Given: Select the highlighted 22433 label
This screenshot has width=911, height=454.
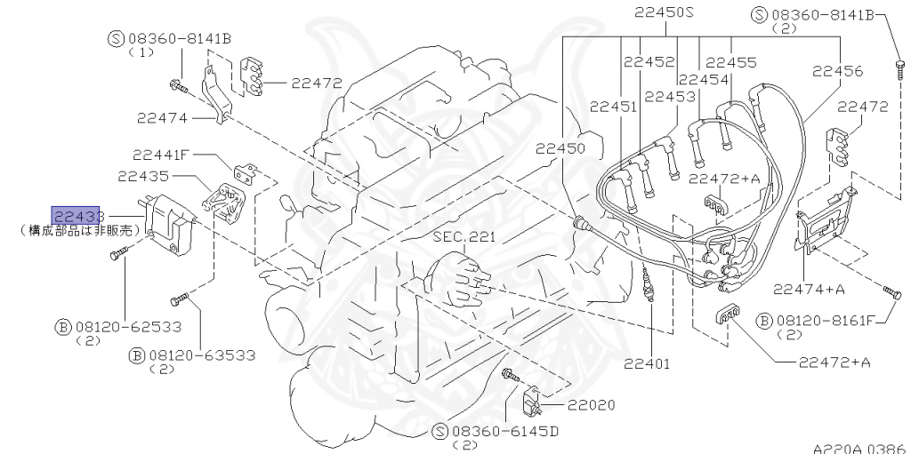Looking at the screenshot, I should tap(77, 216).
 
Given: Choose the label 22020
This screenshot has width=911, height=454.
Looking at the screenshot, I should tap(591, 405).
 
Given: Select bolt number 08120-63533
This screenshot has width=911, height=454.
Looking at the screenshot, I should tap(201, 355).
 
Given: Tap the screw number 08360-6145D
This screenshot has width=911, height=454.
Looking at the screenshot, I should tap(504, 432).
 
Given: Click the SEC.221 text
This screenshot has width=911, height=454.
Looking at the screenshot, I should tap(463, 237).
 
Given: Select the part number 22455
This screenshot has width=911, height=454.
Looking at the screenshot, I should tap(731, 62).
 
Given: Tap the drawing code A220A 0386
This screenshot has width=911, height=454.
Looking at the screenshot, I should tap(858, 447).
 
